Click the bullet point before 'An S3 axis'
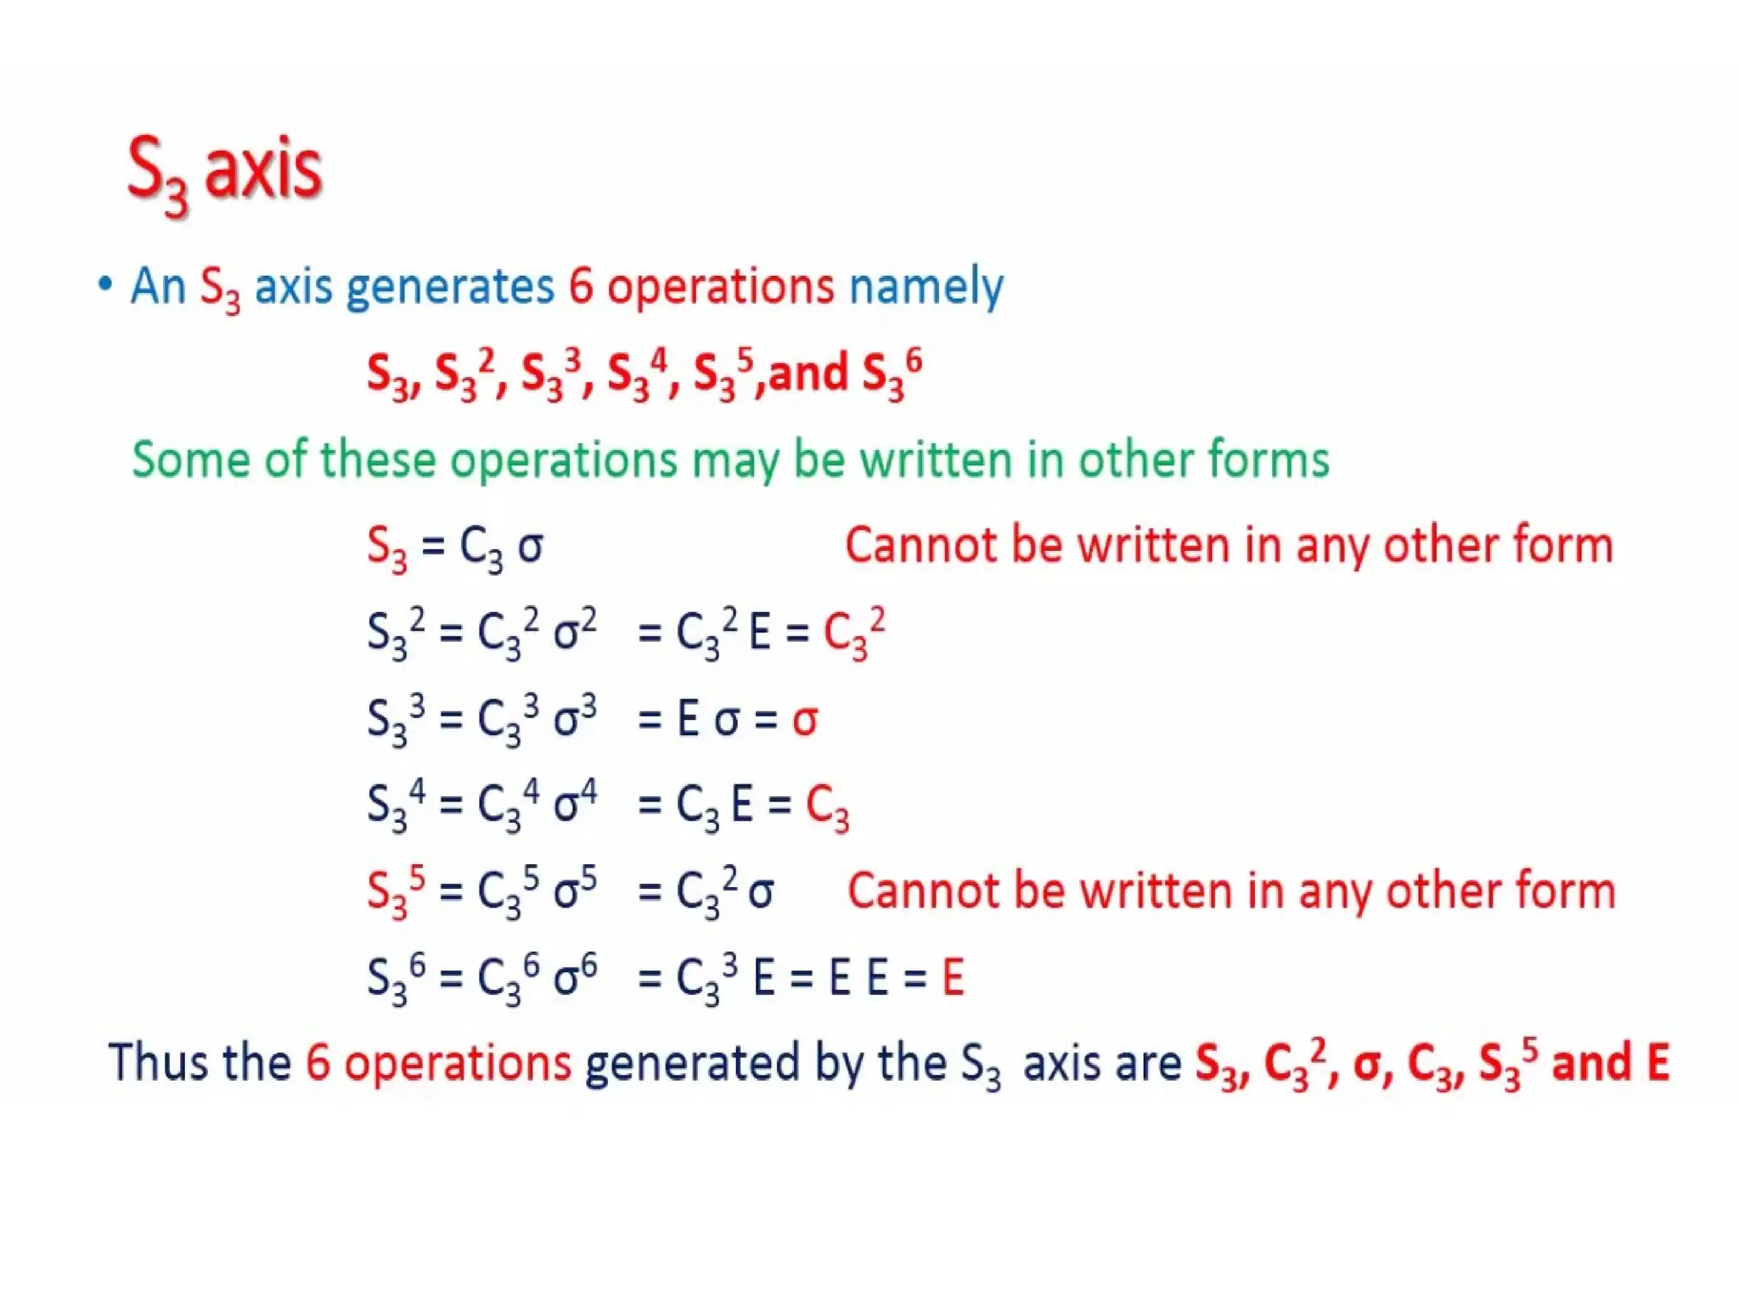(x=105, y=284)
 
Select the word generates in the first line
(x=450, y=287)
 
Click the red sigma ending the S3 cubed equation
(x=804, y=721)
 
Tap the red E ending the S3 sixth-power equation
(x=953, y=977)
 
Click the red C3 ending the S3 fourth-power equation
(x=826, y=807)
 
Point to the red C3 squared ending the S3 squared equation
(x=853, y=633)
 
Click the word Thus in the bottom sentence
(x=159, y=1062)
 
